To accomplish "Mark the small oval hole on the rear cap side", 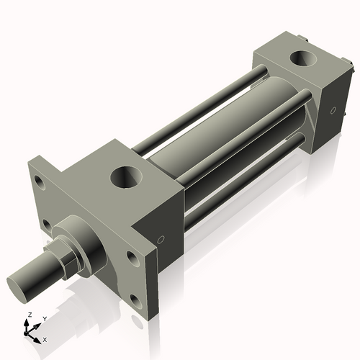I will pos(333,111).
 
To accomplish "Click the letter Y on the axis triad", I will pos(44,318).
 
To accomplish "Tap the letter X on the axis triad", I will pos(45,338).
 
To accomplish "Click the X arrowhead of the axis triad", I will pos(37,336).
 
